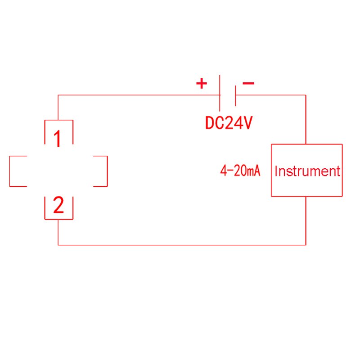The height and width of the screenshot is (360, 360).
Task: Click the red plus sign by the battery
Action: click(x=201, y=83)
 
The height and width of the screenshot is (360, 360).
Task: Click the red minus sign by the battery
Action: click(x=248, y=83)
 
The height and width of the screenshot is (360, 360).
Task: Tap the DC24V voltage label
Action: click(x=229, y=123)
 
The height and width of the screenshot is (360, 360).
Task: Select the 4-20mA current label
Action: click(x=240, y=171)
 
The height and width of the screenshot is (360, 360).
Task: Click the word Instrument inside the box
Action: click(x=307, y=171)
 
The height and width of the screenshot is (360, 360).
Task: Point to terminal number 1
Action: click(x=58, y=139)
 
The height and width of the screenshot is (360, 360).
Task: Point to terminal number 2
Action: click(x=58, y=206)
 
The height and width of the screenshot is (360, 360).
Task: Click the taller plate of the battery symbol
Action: click(x=219, y=93)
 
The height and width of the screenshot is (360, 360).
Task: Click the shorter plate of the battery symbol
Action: click(x=235, y=95)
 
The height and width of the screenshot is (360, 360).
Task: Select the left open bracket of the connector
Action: click(x=10, y=171)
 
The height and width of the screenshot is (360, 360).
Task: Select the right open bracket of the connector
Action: click(x=107, y=171)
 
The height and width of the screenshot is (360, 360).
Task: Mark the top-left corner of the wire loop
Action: click(x=58, y=95)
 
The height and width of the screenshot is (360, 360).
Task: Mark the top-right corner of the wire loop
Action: click(x=306, y=95)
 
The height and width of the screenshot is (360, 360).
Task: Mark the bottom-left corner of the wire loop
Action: click(x=58, y=245)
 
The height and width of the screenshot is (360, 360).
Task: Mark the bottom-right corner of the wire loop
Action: click(x=306, y=245)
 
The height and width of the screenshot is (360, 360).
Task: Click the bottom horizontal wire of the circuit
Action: click(x=180, y=245)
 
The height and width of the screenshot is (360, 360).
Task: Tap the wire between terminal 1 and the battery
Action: click(x=135, y=95)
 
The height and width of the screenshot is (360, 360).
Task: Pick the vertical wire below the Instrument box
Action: click(x=306, y=220)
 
